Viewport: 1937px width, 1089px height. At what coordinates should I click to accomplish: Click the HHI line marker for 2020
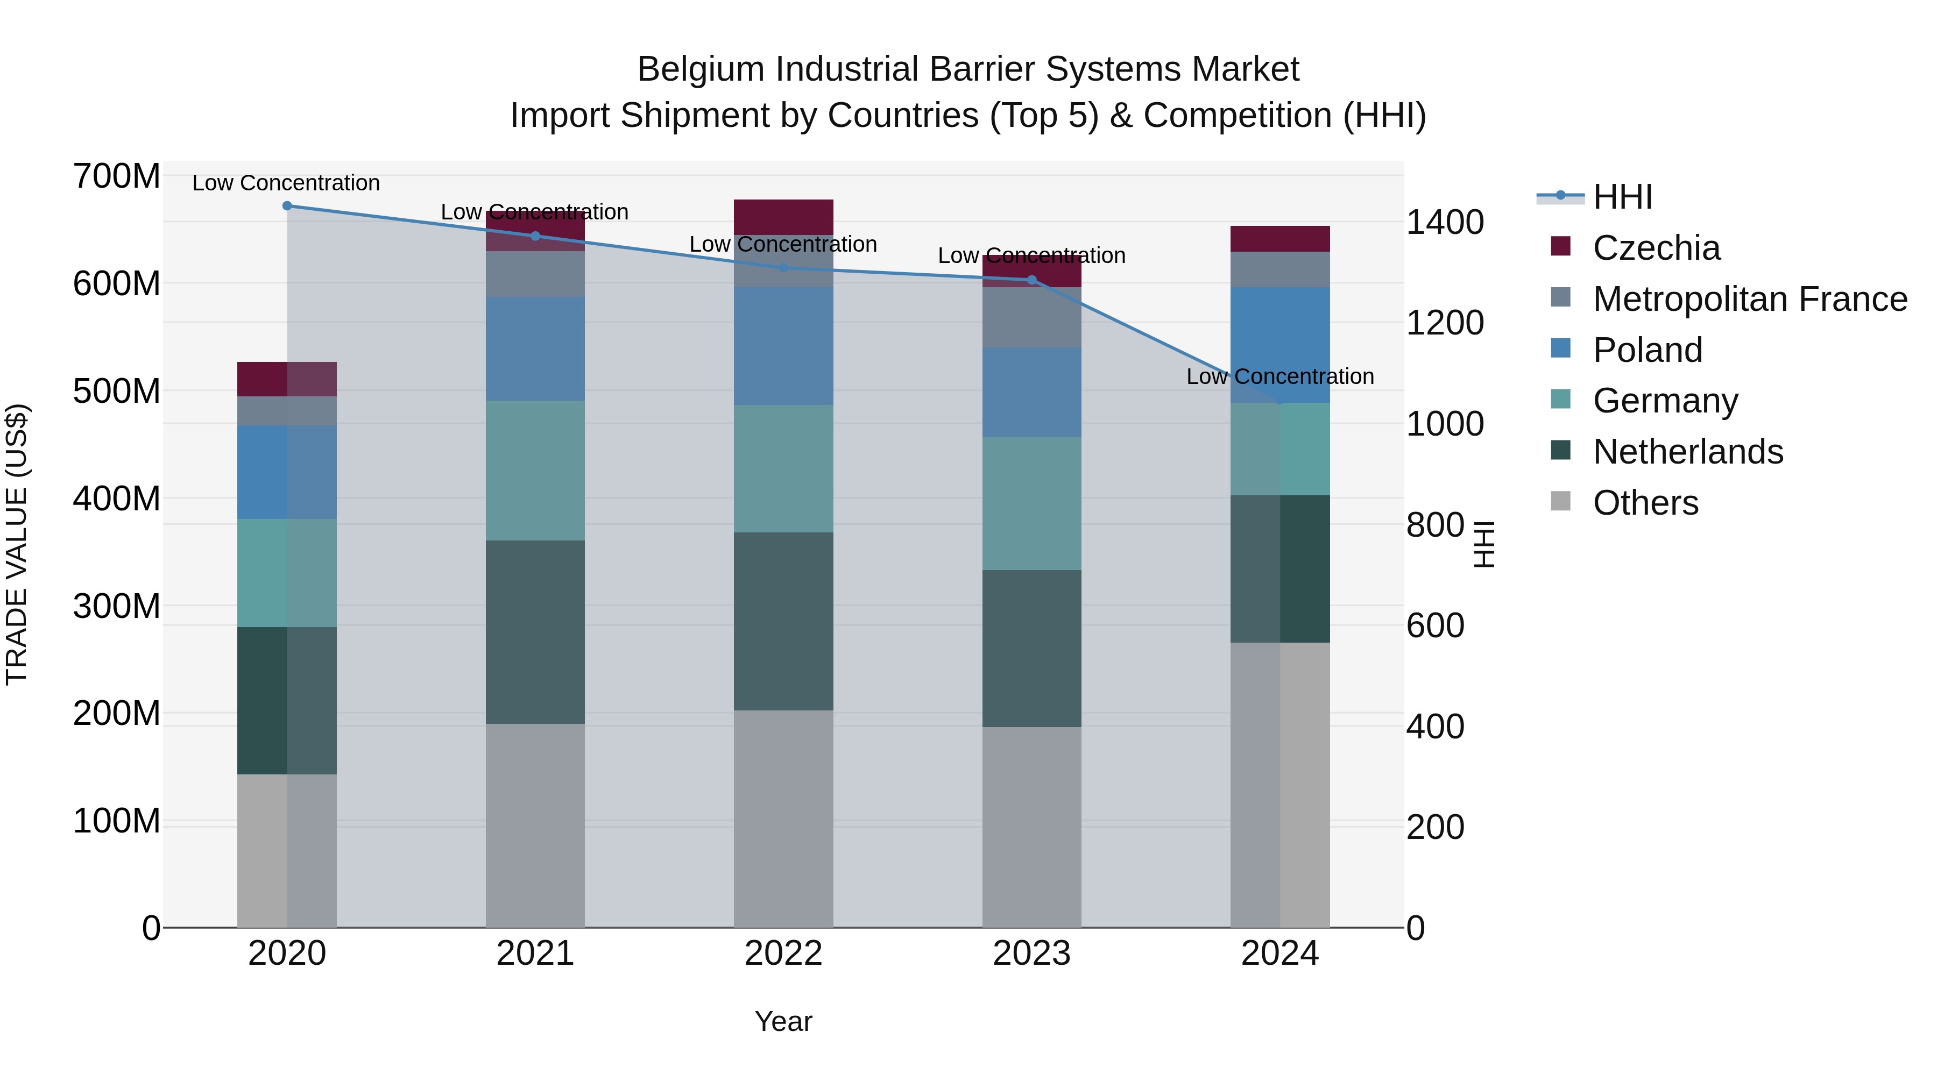[x=286, y=205]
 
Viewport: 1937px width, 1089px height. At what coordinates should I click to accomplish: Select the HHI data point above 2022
[x=783, y=268]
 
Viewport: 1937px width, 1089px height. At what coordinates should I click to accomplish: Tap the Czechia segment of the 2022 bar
[x=783, y=216]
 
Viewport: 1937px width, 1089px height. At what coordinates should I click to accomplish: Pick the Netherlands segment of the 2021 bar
[x=535, y=631]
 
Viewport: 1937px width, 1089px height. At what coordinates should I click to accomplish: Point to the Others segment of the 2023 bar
[x=1031, y=827]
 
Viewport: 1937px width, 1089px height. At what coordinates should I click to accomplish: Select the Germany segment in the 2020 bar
[x=286, y=573]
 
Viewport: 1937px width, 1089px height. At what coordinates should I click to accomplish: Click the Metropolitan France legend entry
[x=1749, y=299]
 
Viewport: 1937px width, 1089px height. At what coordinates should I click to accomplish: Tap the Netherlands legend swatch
[x=1560, y=451]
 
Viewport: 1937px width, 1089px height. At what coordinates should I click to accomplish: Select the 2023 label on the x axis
[x=1031, y=953]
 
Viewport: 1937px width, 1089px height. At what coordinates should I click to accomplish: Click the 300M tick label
[x=117, y=606]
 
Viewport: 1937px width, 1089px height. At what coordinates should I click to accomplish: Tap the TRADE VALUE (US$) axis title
[x=17, y=544]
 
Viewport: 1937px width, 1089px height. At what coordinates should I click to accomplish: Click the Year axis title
[x=783, y=1021]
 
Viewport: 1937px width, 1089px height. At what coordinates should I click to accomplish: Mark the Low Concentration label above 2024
[x=1280, y=376]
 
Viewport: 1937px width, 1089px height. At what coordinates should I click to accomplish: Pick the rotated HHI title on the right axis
[x=1483, y=544]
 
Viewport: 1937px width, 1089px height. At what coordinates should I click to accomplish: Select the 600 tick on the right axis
[x=1434, y=625]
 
